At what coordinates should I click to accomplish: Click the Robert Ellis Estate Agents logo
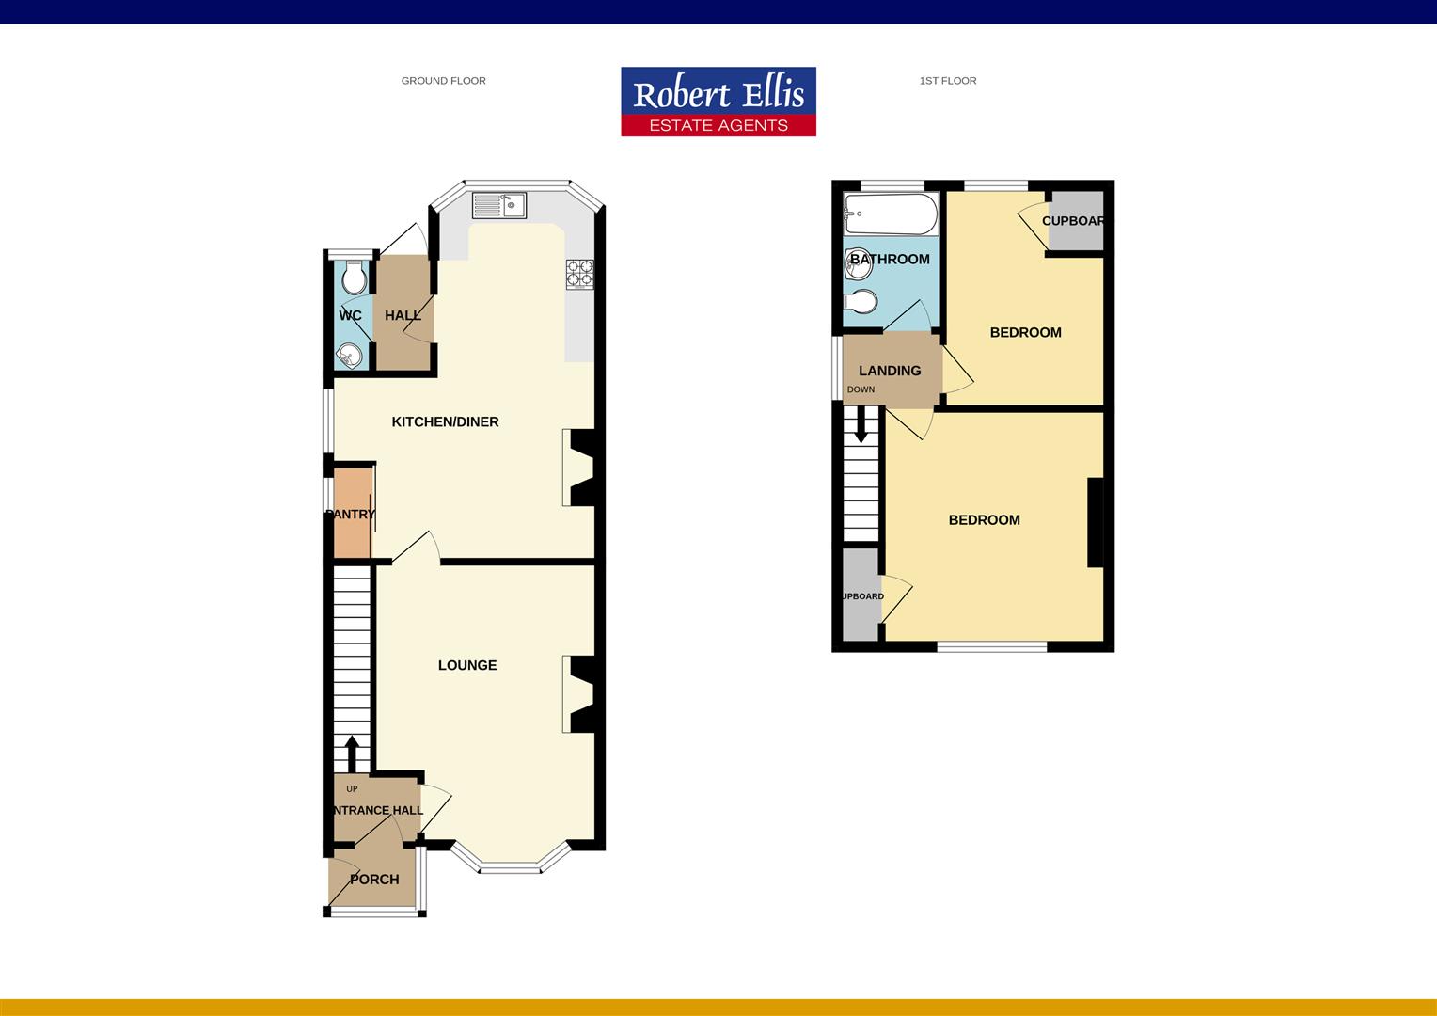pos(718,102)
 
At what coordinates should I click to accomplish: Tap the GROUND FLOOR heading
pos(443,81)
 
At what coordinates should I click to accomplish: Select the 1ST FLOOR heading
pos(947,81)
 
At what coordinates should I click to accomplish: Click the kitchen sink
pos(499,205)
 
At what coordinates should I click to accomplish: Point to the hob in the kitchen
pos(579,273)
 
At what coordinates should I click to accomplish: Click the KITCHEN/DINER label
pos(445,421)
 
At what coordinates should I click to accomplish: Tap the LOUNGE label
pos(467,665)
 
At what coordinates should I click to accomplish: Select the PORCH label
pos(374,880)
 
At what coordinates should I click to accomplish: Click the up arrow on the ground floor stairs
pos(352,753)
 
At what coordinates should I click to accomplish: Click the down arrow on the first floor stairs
pos(861,428)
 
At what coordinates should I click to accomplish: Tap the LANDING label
pos(890,371)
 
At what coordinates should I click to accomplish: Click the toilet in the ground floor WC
pos(354,278)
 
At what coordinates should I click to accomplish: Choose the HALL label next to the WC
pos(403,315)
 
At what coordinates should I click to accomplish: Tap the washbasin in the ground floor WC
pos(349,356)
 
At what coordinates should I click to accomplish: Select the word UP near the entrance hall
pos(352,789)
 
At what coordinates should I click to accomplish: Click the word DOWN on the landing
pos(861,389)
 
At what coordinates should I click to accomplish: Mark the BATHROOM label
pos(890,260)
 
